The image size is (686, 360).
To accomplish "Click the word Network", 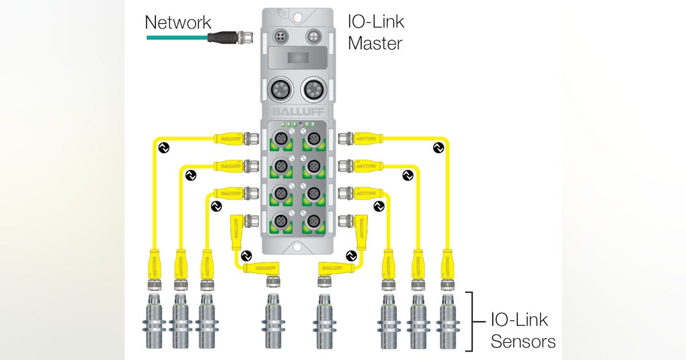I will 178,23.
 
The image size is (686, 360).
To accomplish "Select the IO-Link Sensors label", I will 523,330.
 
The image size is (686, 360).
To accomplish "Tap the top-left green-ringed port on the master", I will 280,139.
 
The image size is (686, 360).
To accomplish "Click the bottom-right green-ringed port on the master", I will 313,221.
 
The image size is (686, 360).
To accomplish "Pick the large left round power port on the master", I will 280,89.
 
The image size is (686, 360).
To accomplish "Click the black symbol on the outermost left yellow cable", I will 164,148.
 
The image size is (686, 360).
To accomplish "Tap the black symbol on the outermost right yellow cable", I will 438,148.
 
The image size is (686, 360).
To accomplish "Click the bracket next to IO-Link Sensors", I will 470,321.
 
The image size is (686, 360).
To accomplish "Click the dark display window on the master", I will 296,58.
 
